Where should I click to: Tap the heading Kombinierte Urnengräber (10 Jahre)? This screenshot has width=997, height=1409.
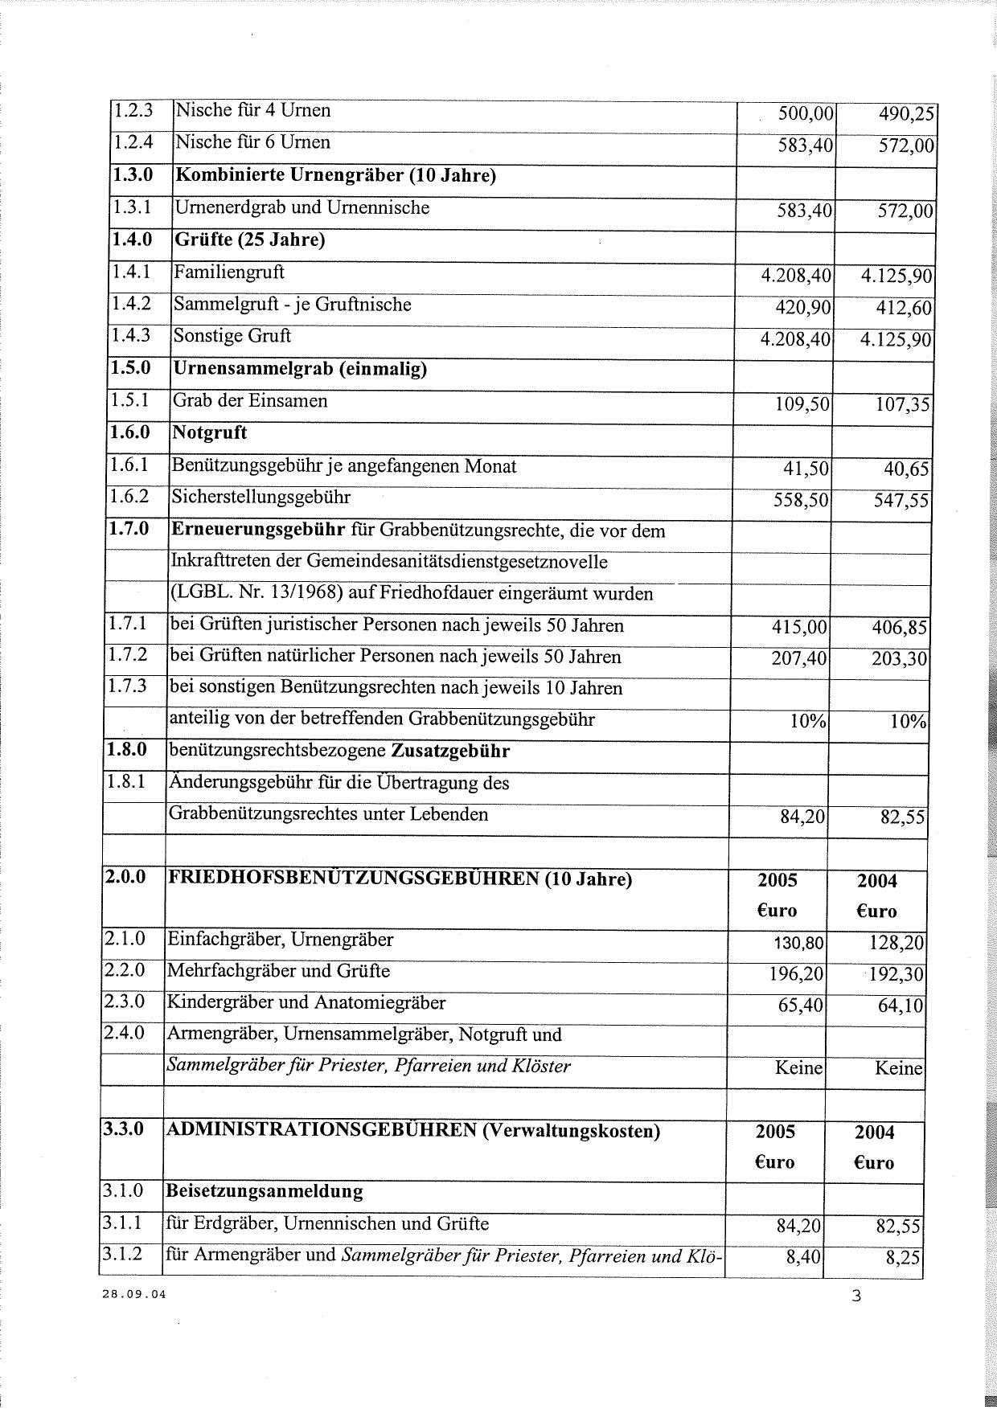(335, 175)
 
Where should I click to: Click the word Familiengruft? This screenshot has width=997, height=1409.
(229, 272)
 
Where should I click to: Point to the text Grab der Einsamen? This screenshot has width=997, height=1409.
(250, 400)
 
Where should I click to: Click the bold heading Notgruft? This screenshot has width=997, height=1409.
(210, 433)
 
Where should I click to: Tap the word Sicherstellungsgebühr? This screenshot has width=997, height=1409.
(261, 497)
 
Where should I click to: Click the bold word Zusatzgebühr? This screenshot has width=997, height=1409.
(450, 751)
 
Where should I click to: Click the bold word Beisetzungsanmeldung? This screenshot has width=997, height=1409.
(265, 1191)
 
